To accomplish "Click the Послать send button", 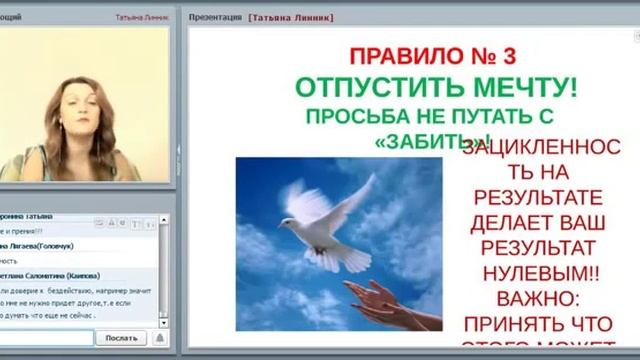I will [121, 338].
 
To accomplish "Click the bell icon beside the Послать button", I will [159, 338].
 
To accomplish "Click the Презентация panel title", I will [215, 18].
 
